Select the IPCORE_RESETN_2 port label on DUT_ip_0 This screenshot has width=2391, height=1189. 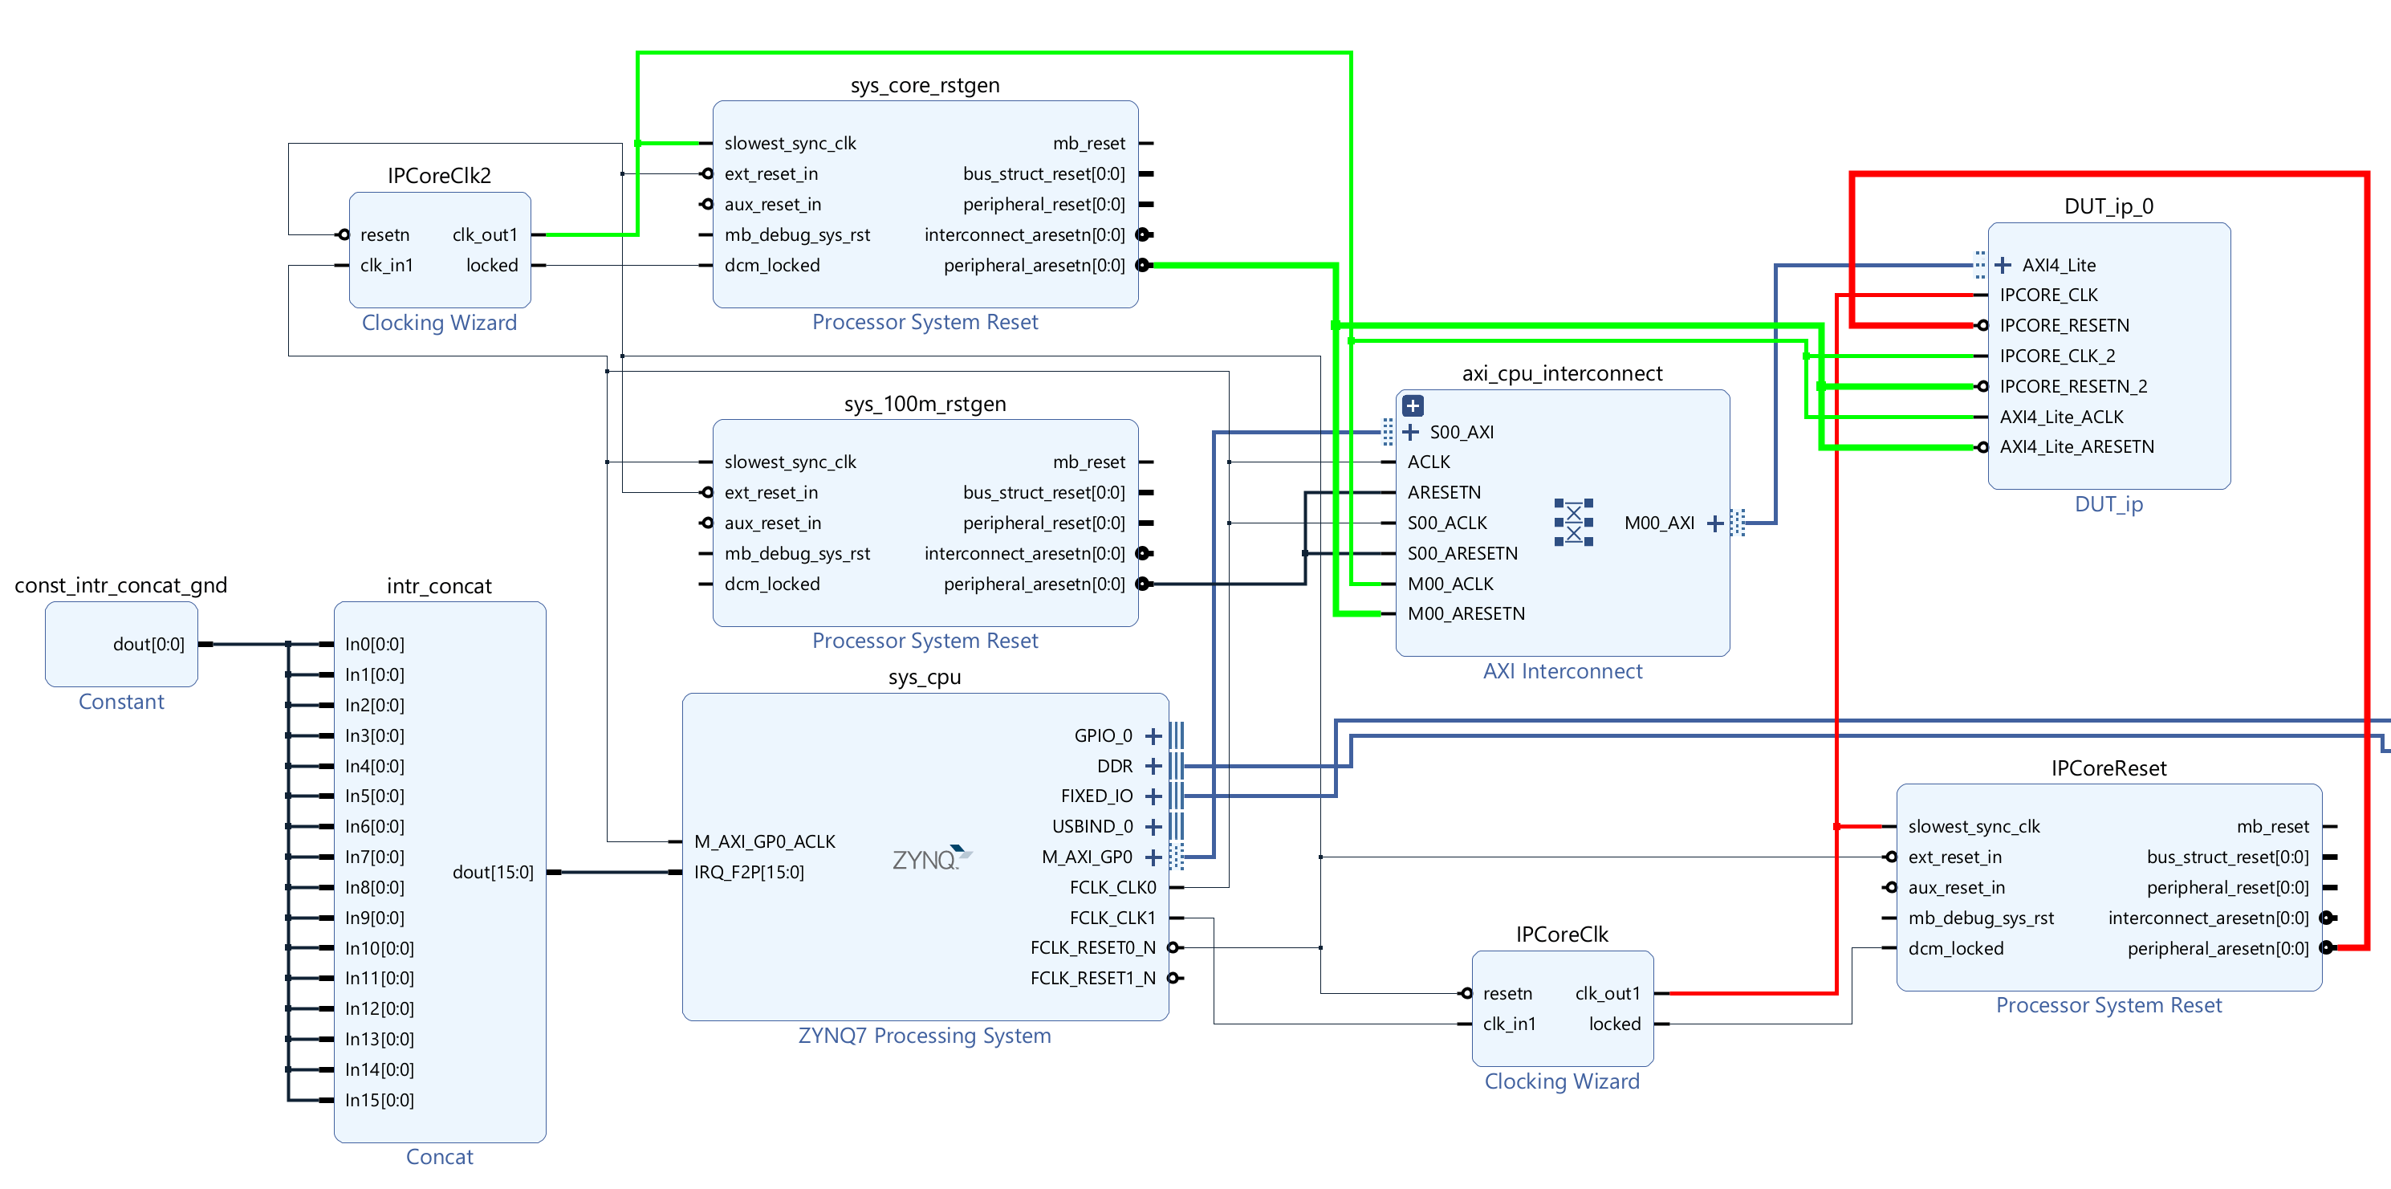point(2072,386)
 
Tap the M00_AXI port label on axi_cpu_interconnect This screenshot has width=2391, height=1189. point(1659,523)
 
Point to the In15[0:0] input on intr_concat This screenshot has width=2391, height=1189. point(379,1100)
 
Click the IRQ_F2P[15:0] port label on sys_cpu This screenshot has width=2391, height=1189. point(749,873)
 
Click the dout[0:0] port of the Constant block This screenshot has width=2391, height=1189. point(148,644)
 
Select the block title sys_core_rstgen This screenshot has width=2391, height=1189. point(925,85)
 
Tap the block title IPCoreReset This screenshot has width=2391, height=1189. point(2108,768)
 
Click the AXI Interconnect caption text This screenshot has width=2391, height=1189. point(1562,671)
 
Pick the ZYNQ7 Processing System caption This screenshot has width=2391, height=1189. point(925,1036)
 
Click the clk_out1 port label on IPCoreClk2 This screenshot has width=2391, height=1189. point(485,235)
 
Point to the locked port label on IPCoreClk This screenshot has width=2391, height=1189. point(1614,1024)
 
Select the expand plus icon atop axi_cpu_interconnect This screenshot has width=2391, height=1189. point(1413,405)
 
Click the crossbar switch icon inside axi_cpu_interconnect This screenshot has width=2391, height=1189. point(1573,523)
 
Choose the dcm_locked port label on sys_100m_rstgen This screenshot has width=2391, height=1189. point(771,584)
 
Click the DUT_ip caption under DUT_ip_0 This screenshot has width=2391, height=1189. point(2108,504)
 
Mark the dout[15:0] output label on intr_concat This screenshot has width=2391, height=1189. point(493,873)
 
